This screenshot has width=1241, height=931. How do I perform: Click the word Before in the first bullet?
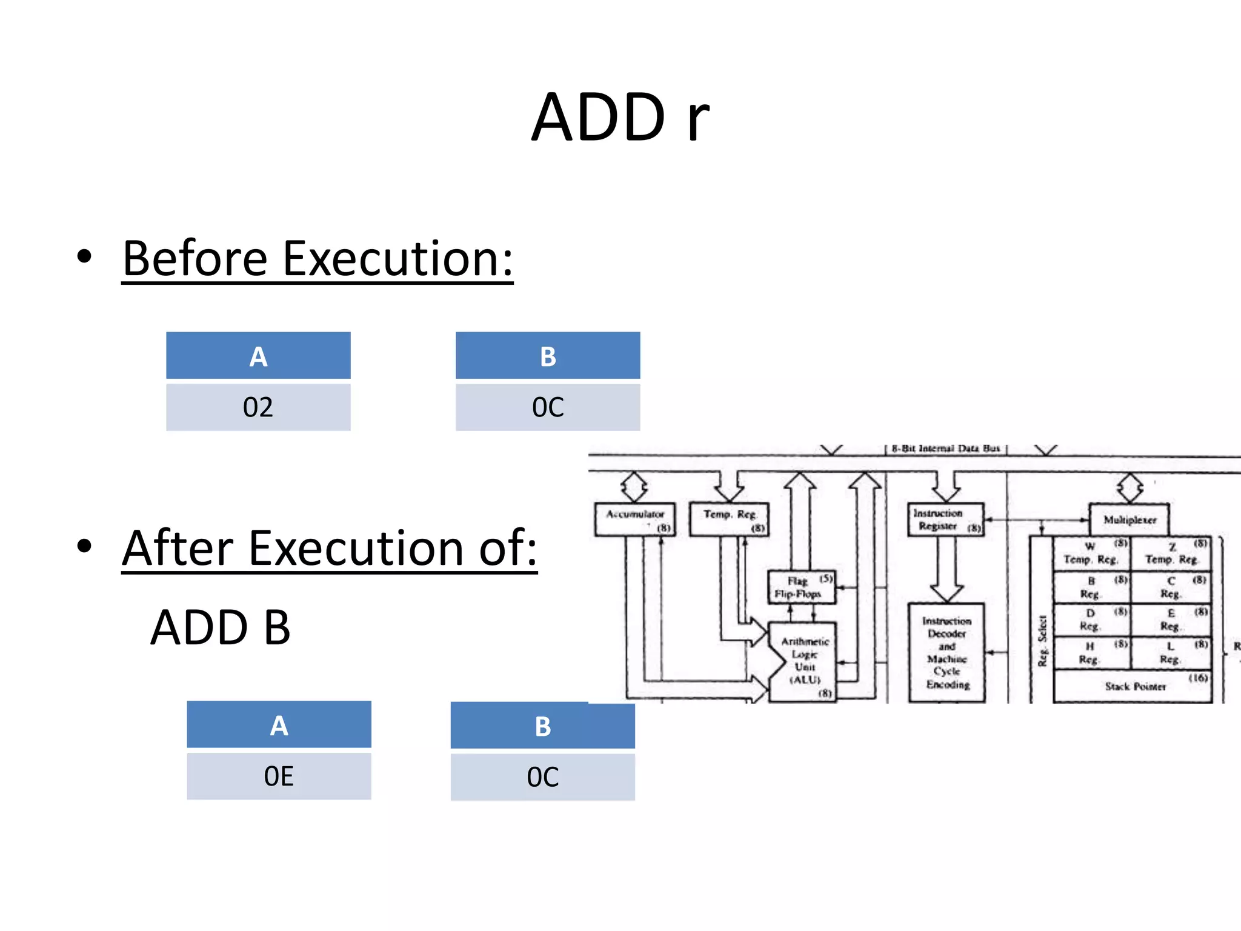(194, 259)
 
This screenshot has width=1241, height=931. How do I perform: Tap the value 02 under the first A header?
(258, 407)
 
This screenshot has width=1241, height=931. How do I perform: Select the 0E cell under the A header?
(279, 776)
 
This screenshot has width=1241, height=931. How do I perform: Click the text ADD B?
(221, 628)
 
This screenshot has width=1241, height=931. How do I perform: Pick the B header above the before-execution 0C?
(548, 356)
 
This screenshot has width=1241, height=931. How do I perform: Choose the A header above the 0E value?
(279, 726)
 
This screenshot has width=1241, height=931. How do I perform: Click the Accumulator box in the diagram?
(634, 519)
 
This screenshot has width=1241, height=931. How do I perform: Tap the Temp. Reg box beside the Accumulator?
(729, 519)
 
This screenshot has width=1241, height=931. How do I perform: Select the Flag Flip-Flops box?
(801, 587)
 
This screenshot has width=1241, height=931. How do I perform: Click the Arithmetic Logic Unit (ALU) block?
(805, 661)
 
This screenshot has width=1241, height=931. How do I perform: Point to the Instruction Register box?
(945, 519)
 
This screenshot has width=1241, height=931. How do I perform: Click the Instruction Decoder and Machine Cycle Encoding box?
(947, 653)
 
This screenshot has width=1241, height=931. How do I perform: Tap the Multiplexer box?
(1129, 519)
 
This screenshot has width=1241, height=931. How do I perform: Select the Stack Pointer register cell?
(1133, 686)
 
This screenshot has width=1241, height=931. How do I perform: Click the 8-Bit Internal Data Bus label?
(945, 449)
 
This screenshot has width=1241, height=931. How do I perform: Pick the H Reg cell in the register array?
(1091, 653)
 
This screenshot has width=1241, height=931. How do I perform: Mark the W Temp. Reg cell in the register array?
(1091, 553)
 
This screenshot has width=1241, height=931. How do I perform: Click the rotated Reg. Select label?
(1042, 641)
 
